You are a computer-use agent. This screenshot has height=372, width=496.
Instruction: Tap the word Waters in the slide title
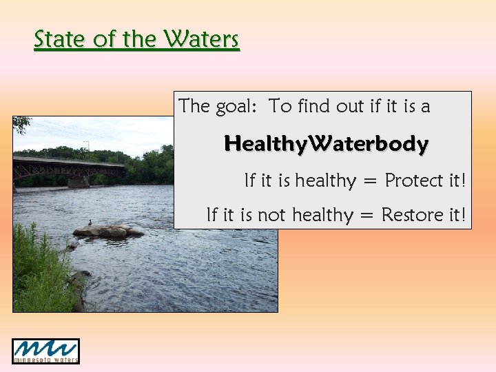(x=201, y=39)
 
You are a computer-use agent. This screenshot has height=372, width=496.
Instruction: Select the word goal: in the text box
(x=236, y=106)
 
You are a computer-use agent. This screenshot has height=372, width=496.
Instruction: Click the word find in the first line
(x=315, y=106)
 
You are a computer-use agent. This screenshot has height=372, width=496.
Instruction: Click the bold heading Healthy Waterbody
(x=326, y=144)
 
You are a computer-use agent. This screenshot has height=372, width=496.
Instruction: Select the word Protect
(x=414, y=180)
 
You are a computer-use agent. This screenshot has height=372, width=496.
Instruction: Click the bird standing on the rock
(x=90, y=223)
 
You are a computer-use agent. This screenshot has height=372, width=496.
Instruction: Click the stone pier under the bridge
(x=77, y=181)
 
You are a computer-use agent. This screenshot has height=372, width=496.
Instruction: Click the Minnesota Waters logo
(x=45, y=351)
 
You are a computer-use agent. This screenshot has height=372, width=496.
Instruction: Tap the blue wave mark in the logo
(x=45, y=347)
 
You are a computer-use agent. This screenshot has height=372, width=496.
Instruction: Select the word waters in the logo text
(x=63, y=359)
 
